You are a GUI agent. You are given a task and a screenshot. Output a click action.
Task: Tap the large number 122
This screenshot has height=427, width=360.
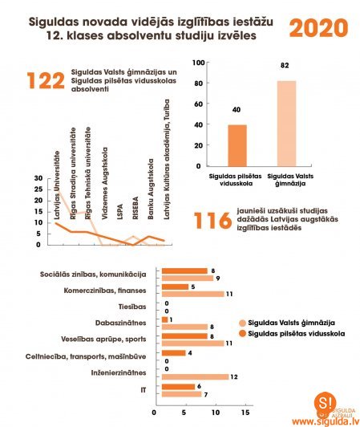pos(45,81)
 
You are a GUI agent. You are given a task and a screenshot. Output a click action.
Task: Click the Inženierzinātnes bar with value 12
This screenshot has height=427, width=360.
pos(195,376)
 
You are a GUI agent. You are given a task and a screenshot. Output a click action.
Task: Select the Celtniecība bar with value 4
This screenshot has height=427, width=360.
pos(173,352)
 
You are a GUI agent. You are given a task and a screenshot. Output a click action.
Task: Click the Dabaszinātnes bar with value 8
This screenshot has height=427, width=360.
pos(184,327)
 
